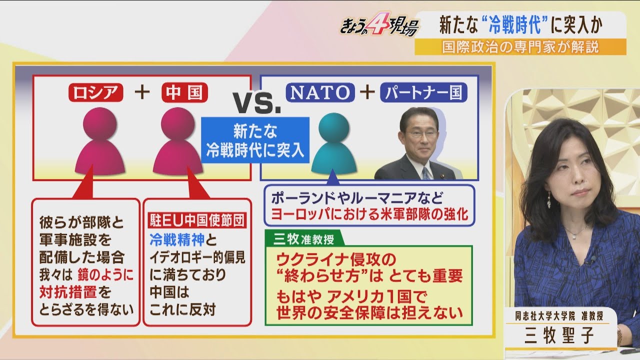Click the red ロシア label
96,92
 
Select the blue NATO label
320,92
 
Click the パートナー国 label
423,92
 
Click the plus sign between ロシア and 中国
142,92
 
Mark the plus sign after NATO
367,92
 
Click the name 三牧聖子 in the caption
559,335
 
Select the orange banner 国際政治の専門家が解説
520,46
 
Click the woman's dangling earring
548,201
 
